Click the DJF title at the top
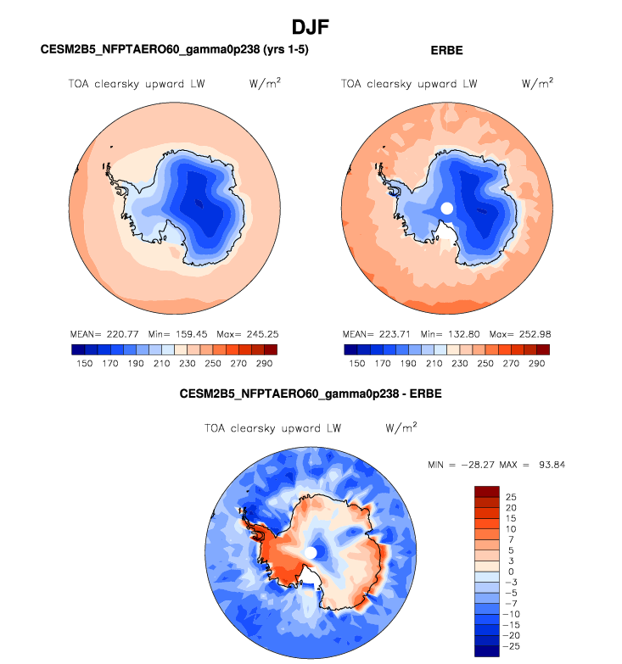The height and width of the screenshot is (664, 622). pos(311,27)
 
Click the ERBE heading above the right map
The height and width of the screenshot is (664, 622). pos(447,50)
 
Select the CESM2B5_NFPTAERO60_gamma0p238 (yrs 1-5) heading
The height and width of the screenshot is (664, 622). pos(174,50)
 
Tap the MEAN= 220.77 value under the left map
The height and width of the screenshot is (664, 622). pos(106,333)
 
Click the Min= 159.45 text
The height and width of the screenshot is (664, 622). pos(171,333)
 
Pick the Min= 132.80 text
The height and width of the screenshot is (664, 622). pos(444,333)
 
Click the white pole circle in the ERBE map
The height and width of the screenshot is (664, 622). pos(447,208)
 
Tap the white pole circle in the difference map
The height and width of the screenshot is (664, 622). pos(311,553)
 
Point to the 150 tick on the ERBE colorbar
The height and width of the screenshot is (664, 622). pos(357,363)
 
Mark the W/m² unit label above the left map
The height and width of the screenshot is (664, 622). pos(265,84)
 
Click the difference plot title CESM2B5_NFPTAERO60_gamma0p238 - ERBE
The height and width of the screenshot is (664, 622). pos(311,394)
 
